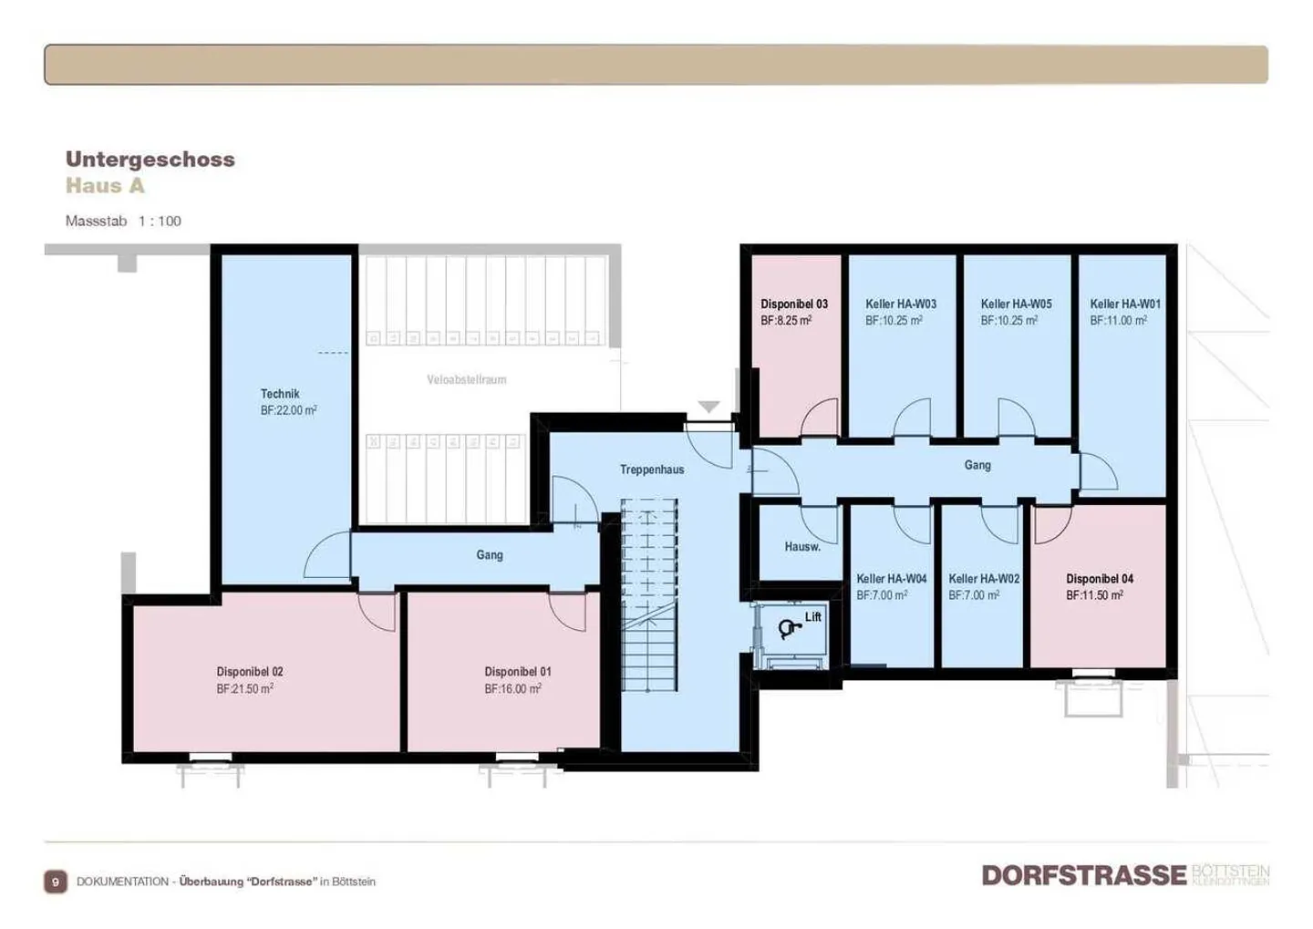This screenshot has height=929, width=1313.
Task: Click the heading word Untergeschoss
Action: coord(150,159)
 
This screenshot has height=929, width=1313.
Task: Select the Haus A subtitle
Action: coord(105,186)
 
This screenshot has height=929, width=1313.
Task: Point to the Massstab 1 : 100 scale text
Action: coord(123,221)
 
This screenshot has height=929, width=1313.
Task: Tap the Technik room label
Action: coord(280,394)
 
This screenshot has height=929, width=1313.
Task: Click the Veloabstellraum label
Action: coord(466,379)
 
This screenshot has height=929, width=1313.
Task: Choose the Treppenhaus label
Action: coord(651,470)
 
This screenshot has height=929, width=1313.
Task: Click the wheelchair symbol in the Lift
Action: coord(788,628)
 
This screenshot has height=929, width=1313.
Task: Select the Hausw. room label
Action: coord(802,547)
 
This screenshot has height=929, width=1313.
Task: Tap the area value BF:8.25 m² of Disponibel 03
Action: coord(786,321)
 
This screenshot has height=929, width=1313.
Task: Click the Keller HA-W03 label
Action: coord(901,304)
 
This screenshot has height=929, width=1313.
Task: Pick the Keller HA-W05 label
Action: coord(1016,304)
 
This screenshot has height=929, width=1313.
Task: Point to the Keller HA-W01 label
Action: coord(1125,304)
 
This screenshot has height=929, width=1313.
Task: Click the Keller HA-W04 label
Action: coord(891,578)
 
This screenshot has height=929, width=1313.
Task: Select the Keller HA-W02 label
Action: coord(984,578)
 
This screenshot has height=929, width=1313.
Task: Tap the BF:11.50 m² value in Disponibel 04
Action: coord(1094,595)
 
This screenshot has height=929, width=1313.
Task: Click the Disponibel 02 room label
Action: coord(250,672)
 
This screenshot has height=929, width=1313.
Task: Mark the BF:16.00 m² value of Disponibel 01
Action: coord(512,689)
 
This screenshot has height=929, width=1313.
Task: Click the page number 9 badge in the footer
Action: coord(56,882)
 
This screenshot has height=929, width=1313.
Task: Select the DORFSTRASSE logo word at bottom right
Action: coord(1083,875)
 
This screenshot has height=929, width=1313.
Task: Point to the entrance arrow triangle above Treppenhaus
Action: coord(709,407)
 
